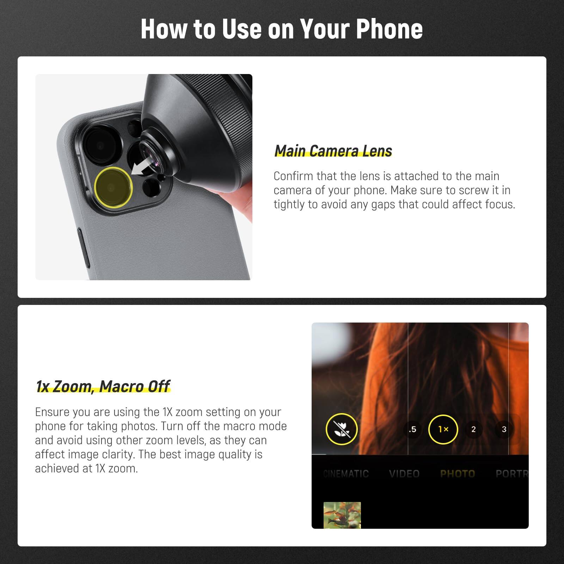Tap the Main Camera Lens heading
333,151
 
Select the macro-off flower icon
341,429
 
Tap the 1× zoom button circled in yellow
443,429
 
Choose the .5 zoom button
412,429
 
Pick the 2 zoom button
473,429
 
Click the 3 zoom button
504,429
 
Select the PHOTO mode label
458,474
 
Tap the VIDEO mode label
404,474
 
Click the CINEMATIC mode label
346,474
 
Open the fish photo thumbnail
342,515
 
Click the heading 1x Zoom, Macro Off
103,386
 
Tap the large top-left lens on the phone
100,145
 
